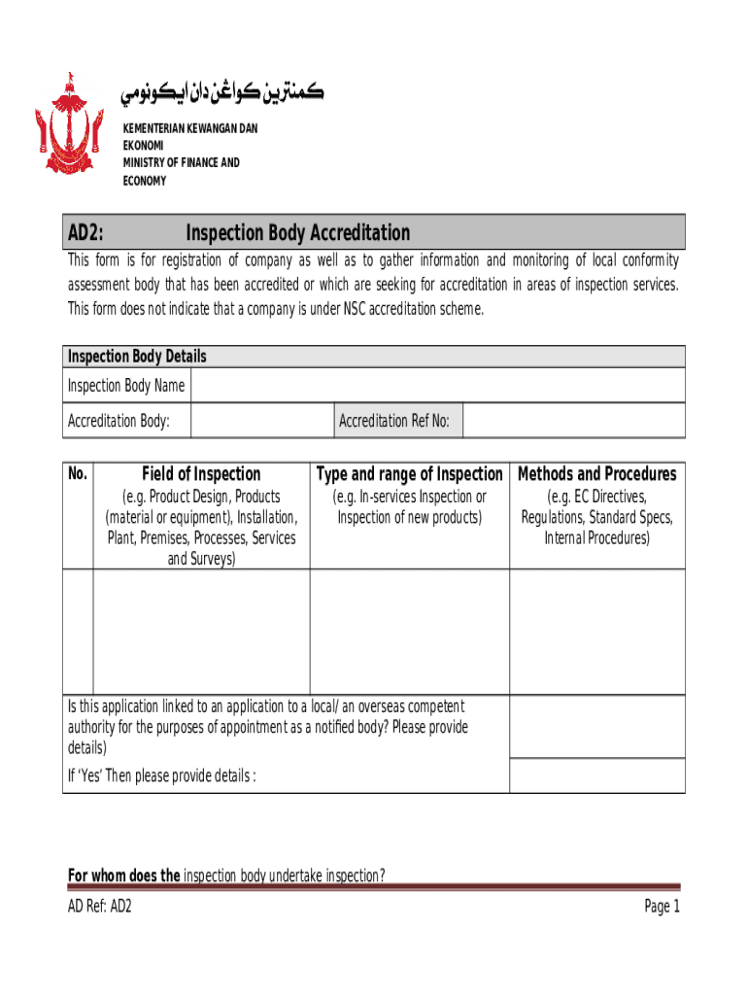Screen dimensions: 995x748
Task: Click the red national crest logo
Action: click(68, 125)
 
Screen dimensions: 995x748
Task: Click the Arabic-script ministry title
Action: click(221, 94)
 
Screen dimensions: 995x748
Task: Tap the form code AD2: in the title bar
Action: click(86, 233)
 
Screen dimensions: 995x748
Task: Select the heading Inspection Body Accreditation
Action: click(297, 233)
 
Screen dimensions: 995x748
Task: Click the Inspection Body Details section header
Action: click(136, 357)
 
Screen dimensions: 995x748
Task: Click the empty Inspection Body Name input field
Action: click(437, 386)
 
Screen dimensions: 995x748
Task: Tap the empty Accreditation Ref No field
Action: click(573, 421)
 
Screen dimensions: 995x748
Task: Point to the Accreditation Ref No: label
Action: click(393, 421)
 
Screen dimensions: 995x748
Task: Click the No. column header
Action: click(78, 474)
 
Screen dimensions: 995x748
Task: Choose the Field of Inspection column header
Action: click(201, 474)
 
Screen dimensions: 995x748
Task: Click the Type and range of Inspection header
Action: click(409, 474)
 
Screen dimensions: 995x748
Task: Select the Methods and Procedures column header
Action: click(596, 474)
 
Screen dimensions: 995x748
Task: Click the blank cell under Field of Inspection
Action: click(201, 632)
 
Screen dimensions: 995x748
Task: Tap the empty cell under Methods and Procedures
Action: click(596, 632)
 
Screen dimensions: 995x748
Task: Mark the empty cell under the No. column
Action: click(78, 632)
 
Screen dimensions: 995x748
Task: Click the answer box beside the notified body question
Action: click(596, 727)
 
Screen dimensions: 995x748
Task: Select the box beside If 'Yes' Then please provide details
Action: click(596, 775)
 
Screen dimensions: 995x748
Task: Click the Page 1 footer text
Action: click(662, 907)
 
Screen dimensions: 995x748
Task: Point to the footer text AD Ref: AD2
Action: click(99, 907)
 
